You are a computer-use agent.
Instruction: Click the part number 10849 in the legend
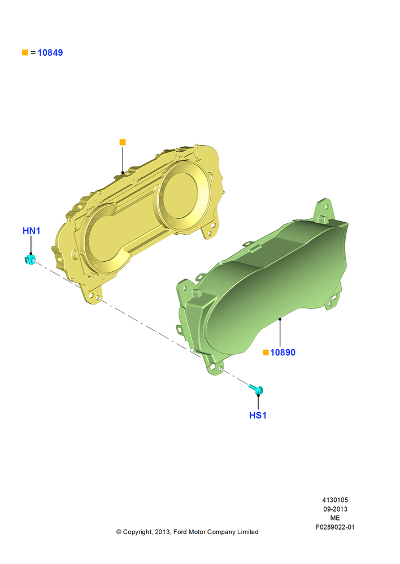[50, 52]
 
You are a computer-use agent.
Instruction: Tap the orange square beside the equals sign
[25, 52]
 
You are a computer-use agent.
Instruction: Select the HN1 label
[31, 231]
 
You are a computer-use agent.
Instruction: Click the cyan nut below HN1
[30, 259]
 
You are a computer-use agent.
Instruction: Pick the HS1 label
[258, 416]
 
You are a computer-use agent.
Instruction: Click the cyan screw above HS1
[256, 389]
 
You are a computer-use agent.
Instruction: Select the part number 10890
[283, 352]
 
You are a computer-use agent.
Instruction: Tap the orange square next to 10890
[266, 352]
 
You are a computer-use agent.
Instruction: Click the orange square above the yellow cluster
[123, 143]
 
